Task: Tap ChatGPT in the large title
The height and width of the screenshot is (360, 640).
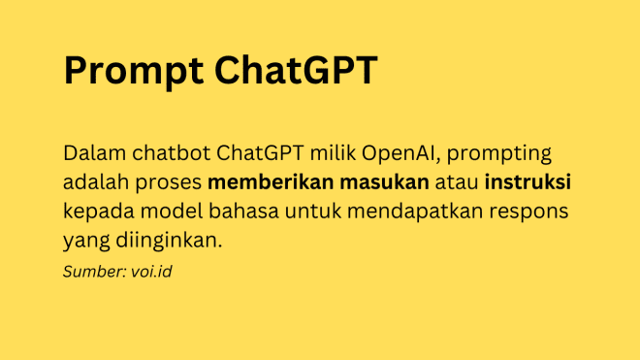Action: tap(295, 72)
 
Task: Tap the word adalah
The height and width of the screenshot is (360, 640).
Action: tap(95, 182)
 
